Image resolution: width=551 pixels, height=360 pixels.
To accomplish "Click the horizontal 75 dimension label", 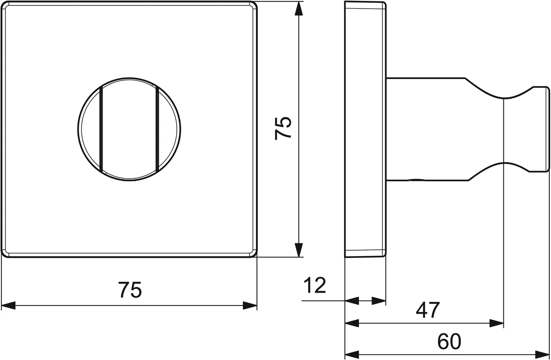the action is pos(130,290).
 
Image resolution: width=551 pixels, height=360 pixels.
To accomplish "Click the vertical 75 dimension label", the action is pos(283,128).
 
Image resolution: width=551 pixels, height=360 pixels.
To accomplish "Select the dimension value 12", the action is pos(315,285).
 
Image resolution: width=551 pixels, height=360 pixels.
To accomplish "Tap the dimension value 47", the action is pos(427,310).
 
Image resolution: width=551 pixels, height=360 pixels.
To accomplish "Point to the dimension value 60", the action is pos(449,342).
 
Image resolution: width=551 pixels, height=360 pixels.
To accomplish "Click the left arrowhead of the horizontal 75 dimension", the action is pos(9,306).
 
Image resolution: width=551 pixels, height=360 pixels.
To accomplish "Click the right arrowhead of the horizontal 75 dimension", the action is pos(250,306).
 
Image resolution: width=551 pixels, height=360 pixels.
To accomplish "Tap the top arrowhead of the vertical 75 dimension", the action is pos(299,9).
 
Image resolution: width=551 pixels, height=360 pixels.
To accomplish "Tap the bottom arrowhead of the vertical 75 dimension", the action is pos(299,250).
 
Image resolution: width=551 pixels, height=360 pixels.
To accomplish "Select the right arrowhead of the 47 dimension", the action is pos(497,323).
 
